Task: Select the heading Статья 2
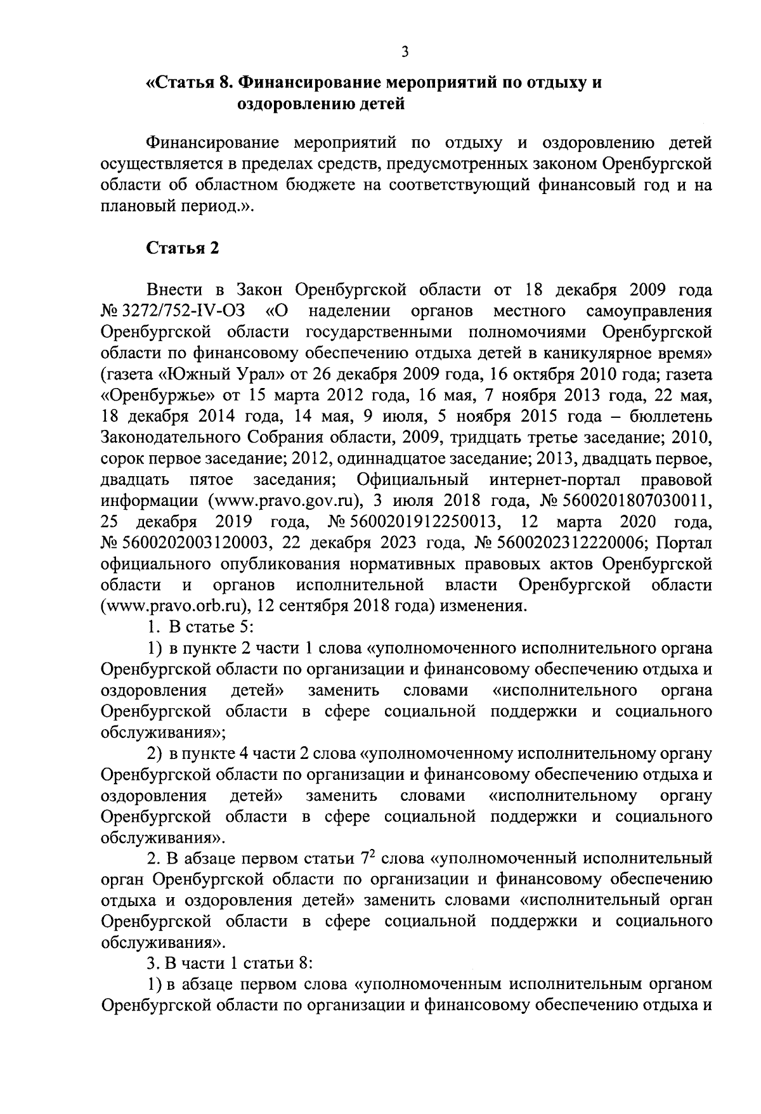pos(183,249)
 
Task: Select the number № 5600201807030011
pos(624,500)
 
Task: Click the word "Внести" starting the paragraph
pos(174,290)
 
